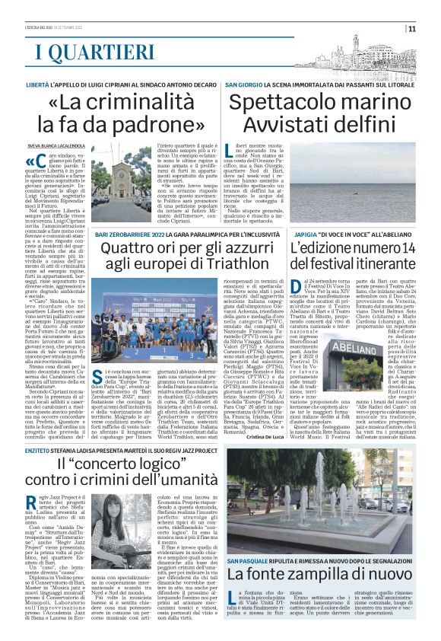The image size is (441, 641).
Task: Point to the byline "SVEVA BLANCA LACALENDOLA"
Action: tap(59, 144)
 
